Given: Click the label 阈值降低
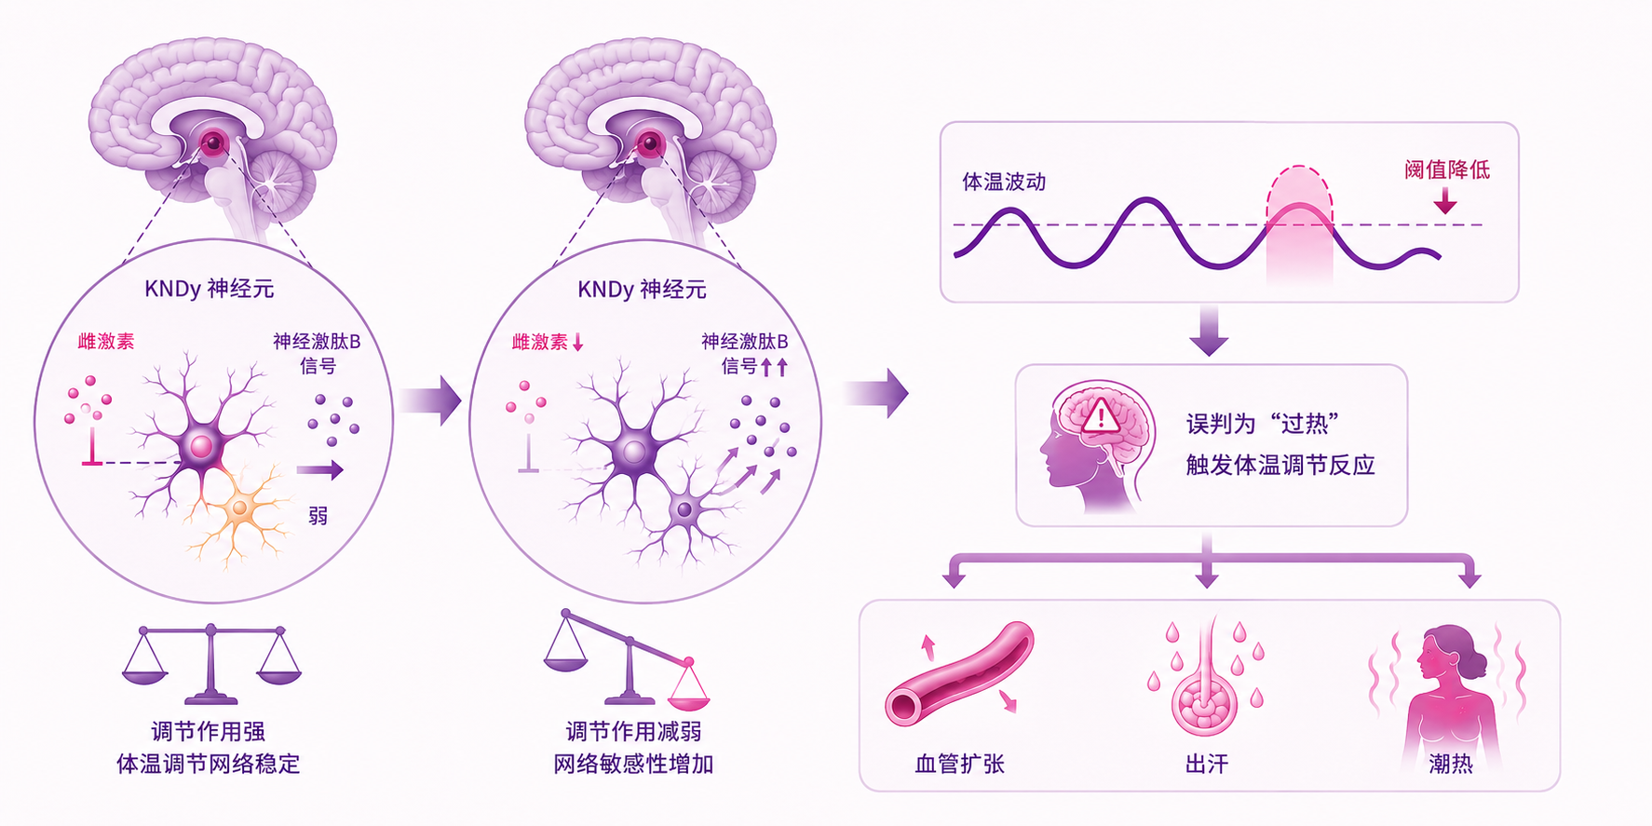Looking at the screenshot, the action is pos(1446,169).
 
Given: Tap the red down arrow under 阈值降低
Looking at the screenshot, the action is pos(1445,199).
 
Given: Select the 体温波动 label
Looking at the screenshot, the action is pos(1004,182).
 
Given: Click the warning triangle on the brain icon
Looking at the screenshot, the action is pos(1101,414).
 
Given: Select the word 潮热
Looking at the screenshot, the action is pos(1451,764).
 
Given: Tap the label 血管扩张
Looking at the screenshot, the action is pos(959,764).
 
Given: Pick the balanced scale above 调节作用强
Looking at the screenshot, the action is pos(211,664).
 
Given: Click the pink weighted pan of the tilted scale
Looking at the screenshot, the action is pos(689,694).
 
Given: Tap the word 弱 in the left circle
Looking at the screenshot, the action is pos(318,515).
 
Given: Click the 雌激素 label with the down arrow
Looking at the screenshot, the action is pos(548,343).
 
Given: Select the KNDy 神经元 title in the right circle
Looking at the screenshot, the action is pos(642,290).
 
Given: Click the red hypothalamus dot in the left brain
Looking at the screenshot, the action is pos(214,142).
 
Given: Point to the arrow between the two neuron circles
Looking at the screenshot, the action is pos(430,400).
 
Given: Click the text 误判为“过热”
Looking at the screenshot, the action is pos(1263,424).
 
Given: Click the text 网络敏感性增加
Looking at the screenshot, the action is pos(633,764).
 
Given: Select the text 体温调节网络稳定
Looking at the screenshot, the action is pos(209,764).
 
